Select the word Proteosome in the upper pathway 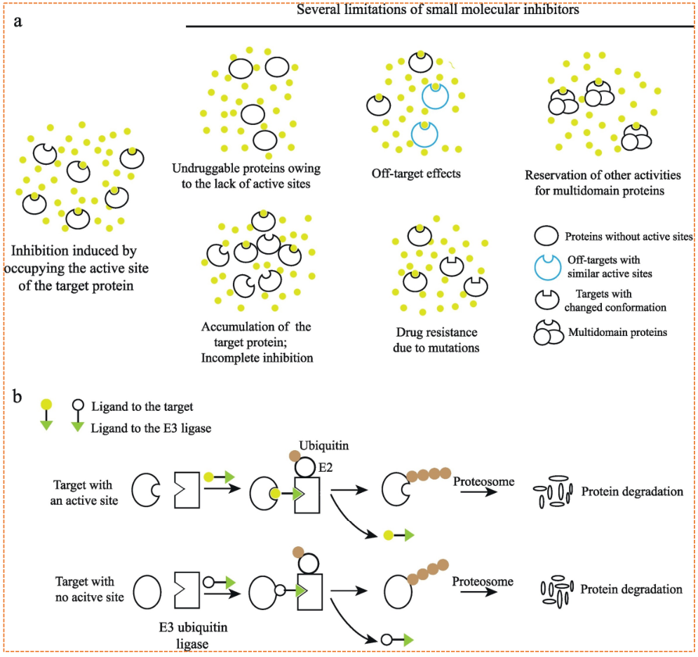pos(483,482)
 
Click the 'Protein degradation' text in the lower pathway pos(631,589)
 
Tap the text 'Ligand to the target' pos(142,406)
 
